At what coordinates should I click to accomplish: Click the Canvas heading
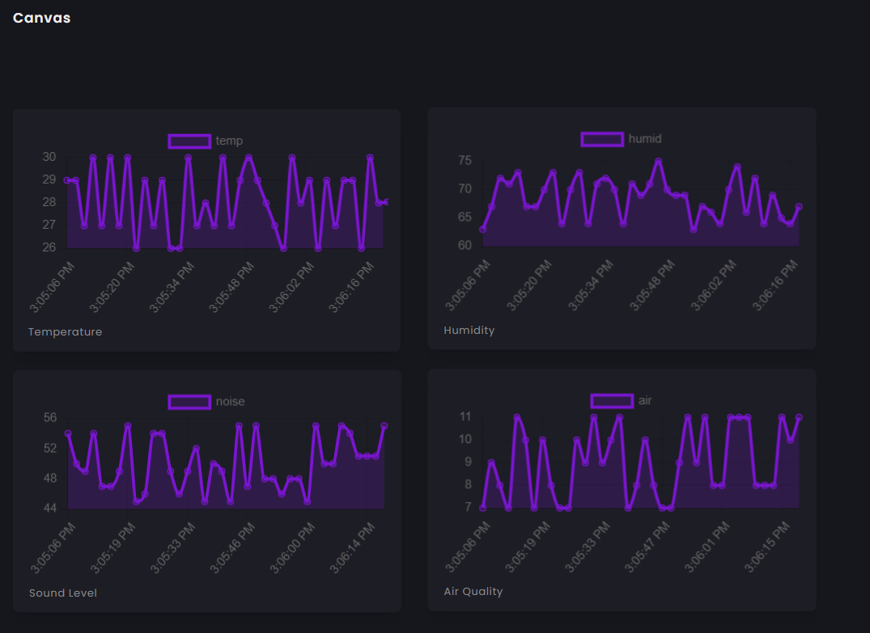point(41,18)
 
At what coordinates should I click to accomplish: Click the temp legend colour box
point(189,141)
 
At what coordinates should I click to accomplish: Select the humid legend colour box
point(602,139)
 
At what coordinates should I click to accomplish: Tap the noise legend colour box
point(189,402)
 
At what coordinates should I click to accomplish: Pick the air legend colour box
point(612,401)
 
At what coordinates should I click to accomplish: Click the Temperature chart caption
point(65,331)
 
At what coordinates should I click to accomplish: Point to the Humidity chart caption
point(469,330)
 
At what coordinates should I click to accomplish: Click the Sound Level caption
point(62,593)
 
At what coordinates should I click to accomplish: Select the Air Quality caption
point(473,591)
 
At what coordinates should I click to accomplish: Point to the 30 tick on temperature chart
point(49,157)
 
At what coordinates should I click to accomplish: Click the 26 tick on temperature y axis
point(49,247)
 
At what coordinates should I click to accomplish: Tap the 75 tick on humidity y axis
point(465,160)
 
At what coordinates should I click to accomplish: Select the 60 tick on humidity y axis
point(465,245)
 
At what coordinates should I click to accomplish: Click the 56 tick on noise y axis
point(49,418)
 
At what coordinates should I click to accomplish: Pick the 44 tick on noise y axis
point(49,508)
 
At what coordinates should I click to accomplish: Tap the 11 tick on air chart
point(465,417)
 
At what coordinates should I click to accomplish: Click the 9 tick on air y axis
point(467,462)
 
